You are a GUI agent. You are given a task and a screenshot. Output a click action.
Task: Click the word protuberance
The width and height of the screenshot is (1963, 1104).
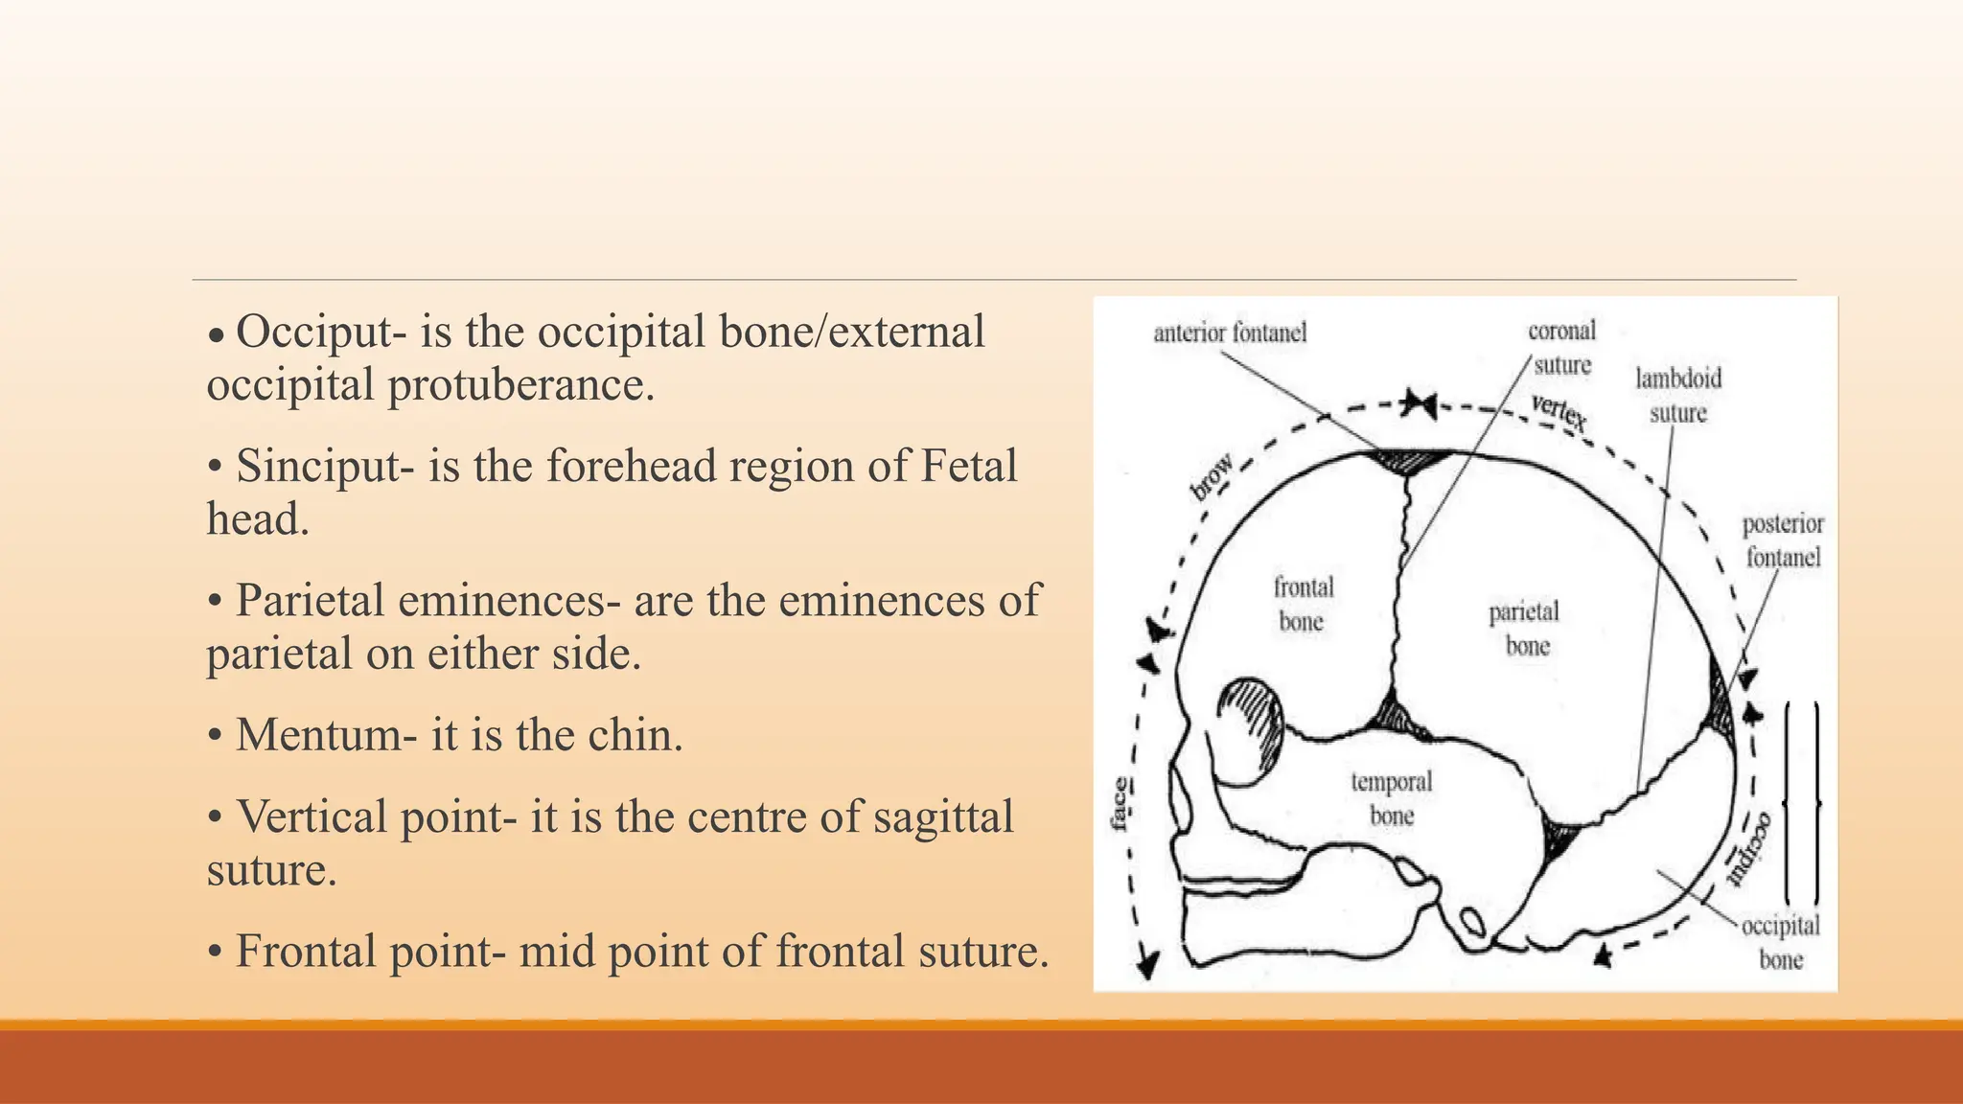[x=520, y=385]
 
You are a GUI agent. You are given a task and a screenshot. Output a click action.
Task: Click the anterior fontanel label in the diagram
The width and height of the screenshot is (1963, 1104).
[x=1230, y=333]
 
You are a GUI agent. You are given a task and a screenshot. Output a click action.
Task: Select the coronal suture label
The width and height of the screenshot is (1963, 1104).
[x=1561, y=348]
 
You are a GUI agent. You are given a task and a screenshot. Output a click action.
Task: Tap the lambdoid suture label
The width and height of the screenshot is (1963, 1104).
[x=1678, y=395]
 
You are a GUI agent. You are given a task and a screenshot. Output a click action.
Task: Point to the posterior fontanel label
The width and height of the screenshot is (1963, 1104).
[x=1783, y=540]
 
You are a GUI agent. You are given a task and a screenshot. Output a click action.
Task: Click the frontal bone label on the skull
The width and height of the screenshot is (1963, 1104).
[x=1303, y=604]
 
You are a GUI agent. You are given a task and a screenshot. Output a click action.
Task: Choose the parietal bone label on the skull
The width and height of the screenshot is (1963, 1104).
[x=1524, y=628]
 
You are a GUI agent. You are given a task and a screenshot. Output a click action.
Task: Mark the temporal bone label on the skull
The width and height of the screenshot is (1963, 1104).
[x=1392, y=798]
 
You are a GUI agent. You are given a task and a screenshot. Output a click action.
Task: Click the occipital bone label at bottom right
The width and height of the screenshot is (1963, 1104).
[x=1780, y=942]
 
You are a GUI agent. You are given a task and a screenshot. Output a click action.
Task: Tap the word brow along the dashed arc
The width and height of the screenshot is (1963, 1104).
[x=1212, y=476]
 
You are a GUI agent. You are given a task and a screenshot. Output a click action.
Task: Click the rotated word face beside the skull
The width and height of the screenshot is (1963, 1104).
[x=1120, y=804]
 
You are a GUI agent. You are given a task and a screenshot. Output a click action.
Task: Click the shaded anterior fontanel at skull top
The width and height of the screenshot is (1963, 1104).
[x=1408, y=461]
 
